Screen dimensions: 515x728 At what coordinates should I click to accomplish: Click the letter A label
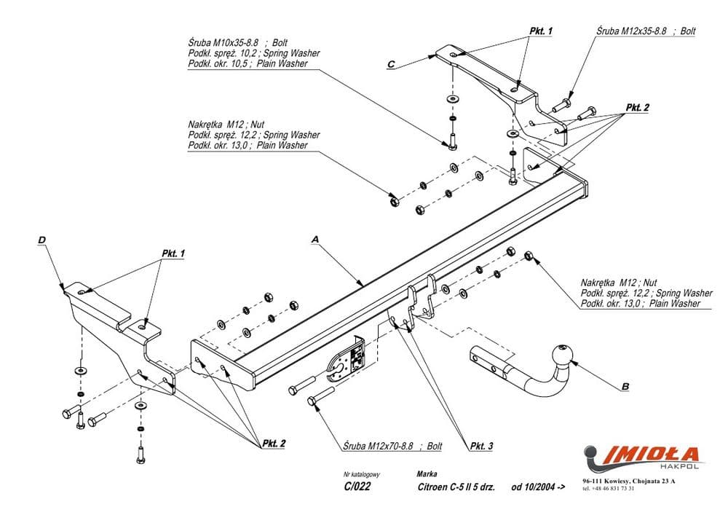click(315, 239)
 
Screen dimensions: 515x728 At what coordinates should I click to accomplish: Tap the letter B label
click(625, 386)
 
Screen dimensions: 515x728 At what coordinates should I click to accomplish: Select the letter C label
click(391, 65)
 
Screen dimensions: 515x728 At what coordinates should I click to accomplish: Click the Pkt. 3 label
click(481, 446)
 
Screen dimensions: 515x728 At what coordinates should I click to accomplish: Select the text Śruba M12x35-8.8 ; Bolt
click(645, 31)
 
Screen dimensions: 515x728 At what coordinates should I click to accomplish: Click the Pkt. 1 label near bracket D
click(173, 253)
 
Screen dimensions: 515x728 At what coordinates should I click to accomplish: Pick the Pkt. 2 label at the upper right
click(637, 107)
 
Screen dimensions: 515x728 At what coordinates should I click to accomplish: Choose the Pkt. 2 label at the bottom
click(274, 443)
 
